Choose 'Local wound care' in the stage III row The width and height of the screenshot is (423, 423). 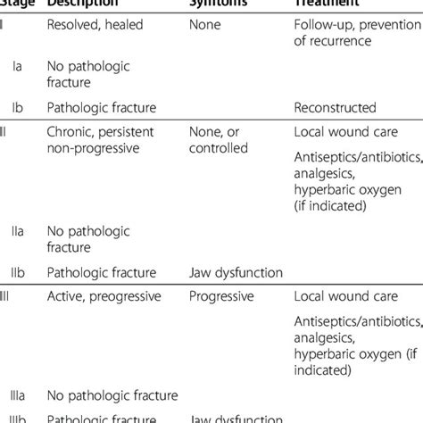click(343, 295)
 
